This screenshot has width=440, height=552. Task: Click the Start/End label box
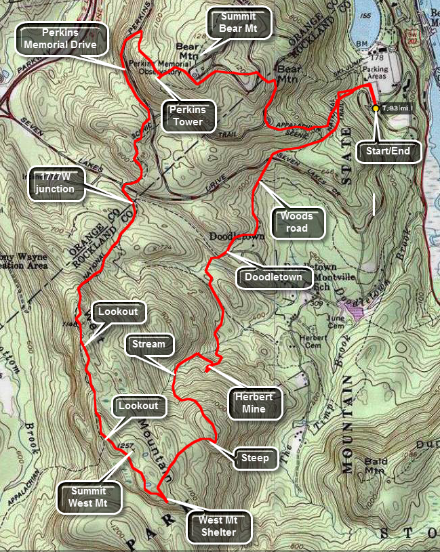click(x=388, y=150)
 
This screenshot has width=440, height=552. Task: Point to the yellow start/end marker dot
click(x=376, y=108)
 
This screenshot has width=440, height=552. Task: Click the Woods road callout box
click(x=297, y=222)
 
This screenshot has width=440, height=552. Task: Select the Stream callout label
click(x=148, y=344)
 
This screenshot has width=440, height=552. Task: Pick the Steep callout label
click(x=255, y=458)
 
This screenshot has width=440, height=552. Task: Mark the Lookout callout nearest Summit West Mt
click(x=138, y=406)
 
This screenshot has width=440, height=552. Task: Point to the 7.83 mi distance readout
click(x=397, y=108)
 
